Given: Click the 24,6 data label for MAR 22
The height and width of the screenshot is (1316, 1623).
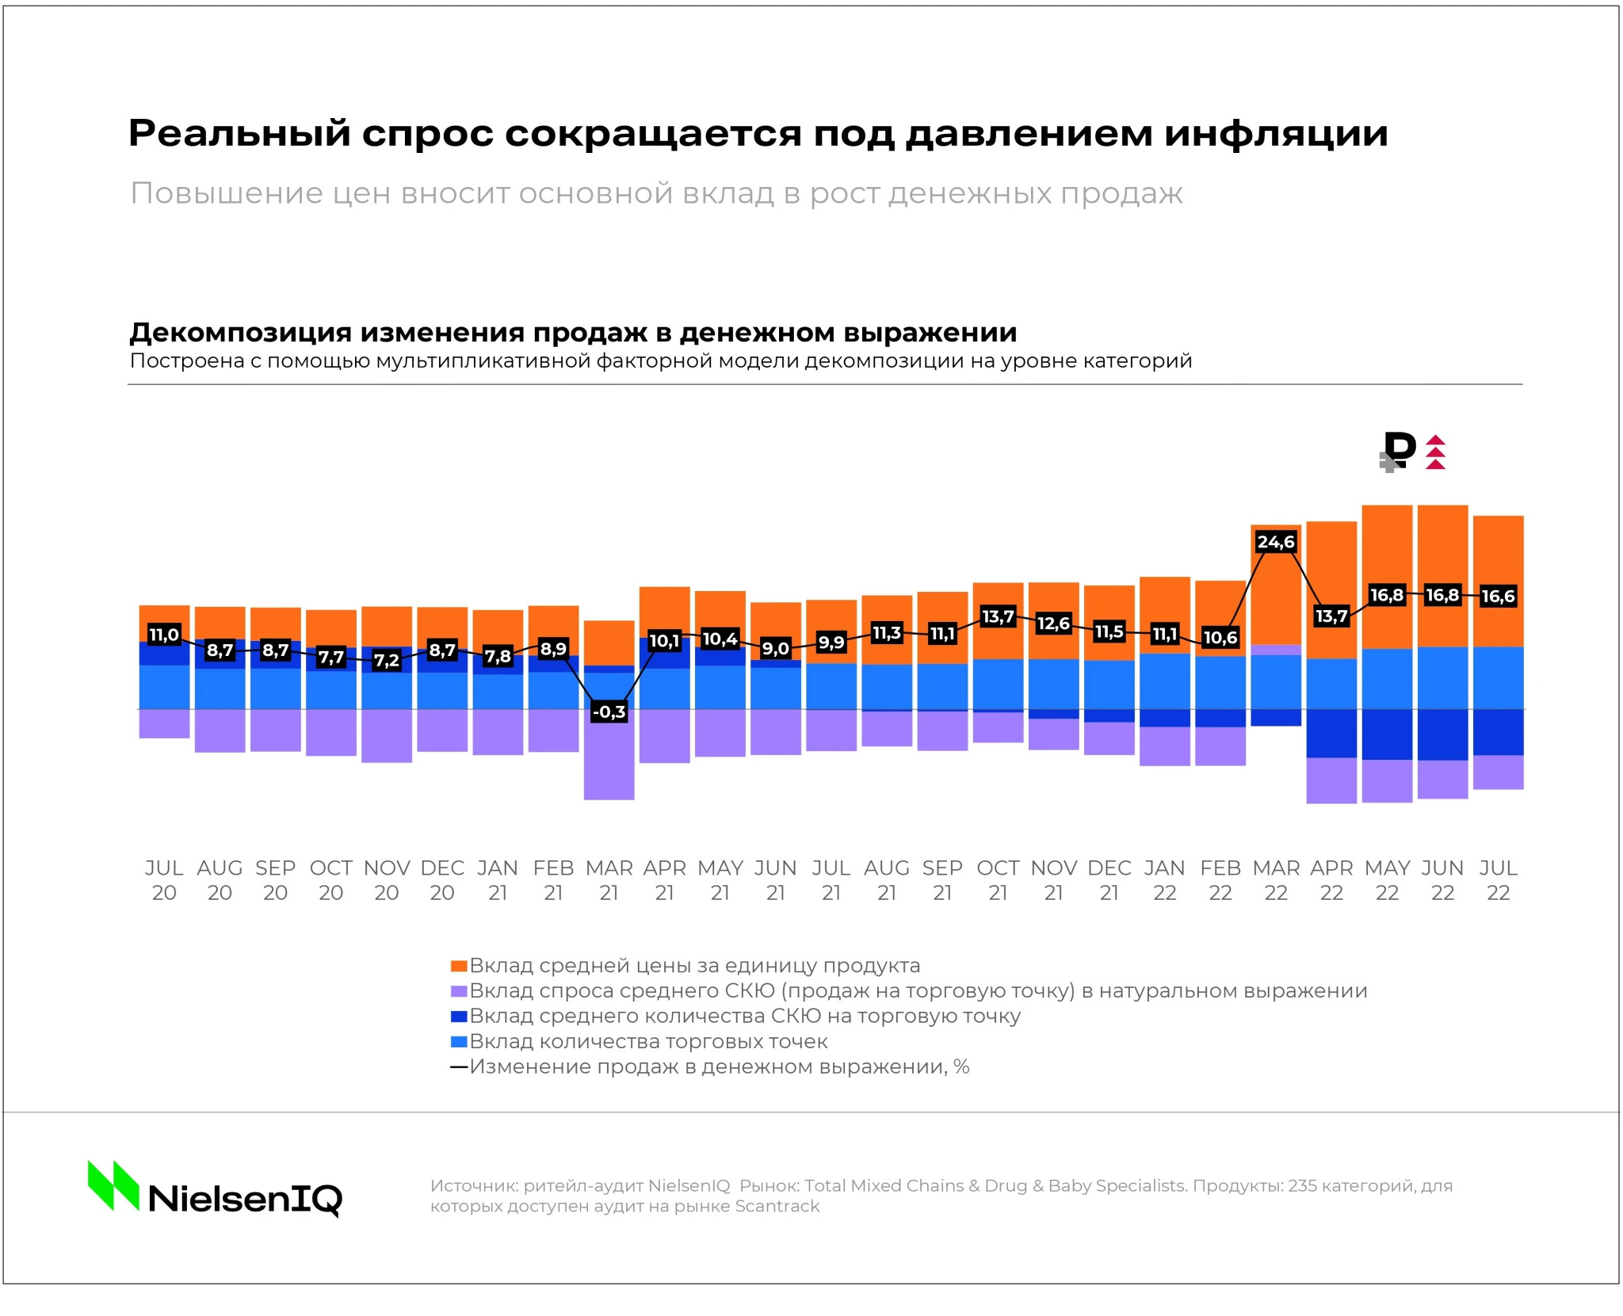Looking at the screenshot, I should (1275, 542).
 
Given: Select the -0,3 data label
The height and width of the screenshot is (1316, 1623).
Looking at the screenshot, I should (609, 711).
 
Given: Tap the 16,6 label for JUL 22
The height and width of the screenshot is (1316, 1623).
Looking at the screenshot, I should (1498, 596).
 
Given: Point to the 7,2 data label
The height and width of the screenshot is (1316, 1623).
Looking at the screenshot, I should (386, 660).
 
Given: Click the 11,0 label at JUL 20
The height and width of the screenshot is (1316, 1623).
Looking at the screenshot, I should (164, 635).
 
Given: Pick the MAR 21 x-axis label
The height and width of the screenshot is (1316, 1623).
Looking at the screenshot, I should (609, 880).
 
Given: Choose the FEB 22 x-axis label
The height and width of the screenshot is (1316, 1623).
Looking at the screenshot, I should (1220, 880).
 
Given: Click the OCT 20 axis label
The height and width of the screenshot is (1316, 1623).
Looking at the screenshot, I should (330, 880).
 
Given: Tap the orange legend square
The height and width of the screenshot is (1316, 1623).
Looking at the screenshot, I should (458, 966).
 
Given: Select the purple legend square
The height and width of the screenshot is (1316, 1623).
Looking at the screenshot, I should (458, 991).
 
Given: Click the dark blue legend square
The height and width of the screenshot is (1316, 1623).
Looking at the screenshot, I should (458, 1017).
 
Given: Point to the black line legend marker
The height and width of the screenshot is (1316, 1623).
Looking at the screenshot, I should (458, 1067).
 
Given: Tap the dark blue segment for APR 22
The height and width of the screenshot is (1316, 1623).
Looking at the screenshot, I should (1331, 734).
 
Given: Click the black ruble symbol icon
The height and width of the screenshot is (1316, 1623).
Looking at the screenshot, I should (1400, 449).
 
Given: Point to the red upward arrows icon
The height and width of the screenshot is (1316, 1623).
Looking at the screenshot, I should (1435, 452).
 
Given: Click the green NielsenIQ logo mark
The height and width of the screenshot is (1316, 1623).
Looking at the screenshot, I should (113, 1185).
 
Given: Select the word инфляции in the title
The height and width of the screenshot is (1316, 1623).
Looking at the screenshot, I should (1276, 133).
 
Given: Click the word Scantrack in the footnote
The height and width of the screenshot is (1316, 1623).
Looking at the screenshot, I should (777, 1206).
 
